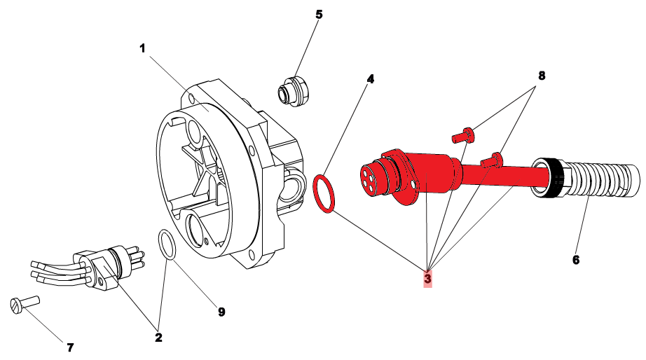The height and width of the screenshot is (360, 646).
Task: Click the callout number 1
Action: pyautogui.click(x=142, y=48)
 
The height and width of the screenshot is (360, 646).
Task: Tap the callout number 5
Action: pyautogui.click(x=319, y=14)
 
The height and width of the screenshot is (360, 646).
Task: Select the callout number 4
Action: pyautogui.click(x=370, y=79)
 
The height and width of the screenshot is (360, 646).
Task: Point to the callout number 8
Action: pyautogui.click(x=541, y=75)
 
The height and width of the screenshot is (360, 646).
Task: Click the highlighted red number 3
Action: pyautogui.click(x=427, y=279)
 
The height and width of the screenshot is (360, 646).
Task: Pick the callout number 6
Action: pyautogui.click(x=576, y=260)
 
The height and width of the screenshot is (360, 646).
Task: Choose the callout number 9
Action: pyautogui.click(x=221, y=312)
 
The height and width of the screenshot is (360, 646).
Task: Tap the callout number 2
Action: pyautogui.click(x=158, y=338)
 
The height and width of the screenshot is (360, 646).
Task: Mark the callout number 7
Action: pyautogui.click(x=69, y=347)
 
